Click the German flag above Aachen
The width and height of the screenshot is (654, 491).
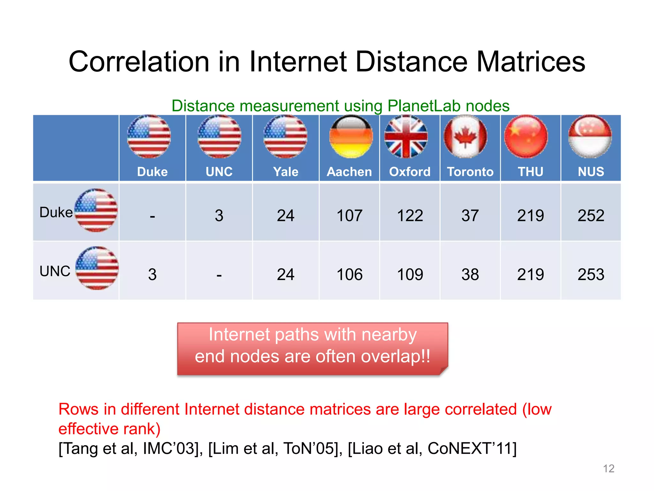[351, 136]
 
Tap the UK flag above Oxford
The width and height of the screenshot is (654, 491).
[406, 136]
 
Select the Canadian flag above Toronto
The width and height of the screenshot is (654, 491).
[465, 136]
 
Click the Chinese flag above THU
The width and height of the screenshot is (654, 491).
[526, 136]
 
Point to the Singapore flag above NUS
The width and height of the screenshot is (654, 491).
[590, 136]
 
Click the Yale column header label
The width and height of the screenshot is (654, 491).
[285, 172]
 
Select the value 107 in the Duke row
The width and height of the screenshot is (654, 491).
[350, 215]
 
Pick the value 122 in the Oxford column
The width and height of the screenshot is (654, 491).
[410, 215]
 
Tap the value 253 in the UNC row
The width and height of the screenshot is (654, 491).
[591, 275]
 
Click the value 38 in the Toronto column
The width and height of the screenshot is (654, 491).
[470, 275]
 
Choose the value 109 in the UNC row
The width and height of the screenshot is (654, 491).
[410, 275]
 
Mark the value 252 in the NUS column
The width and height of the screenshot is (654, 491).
[591, 215]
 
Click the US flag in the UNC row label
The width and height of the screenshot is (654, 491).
[97, 268]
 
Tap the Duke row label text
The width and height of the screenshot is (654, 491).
[56, 213]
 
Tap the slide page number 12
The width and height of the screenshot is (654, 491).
[608, 469]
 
